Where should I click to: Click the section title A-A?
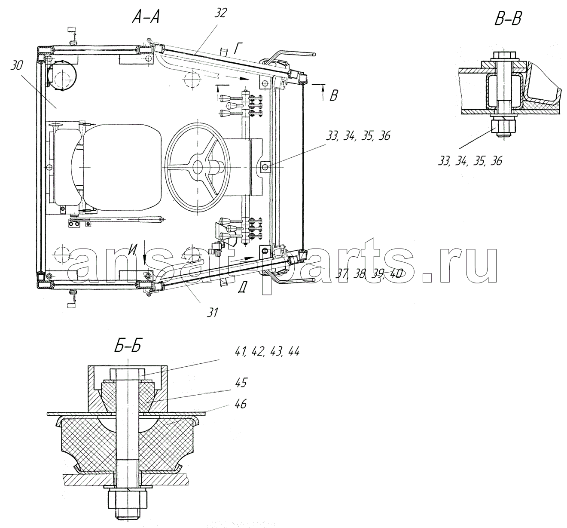click(146, 18)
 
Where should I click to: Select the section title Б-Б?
click(128, 347)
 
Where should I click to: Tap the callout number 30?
click(17, 66)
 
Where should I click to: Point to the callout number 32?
click(220, 13)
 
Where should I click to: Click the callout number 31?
click(213, 313)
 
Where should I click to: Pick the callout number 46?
click(241, 404)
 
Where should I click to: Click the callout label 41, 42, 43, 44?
click(267, 352)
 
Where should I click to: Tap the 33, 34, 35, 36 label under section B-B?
click(470, 161)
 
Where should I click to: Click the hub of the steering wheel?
click(197, 167)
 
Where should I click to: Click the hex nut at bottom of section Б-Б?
click(127, 497)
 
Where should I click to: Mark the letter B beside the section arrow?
click(333, 95)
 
